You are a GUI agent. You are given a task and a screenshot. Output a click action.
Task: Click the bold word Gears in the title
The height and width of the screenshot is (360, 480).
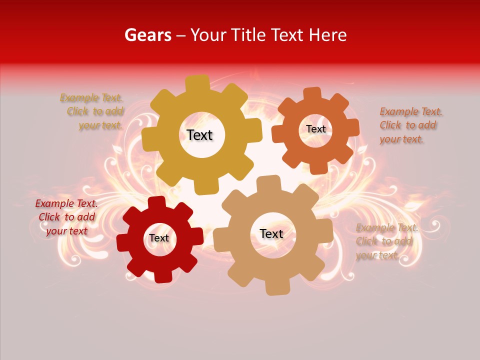pos(147,35)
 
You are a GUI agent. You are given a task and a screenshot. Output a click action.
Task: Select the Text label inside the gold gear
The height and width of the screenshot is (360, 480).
pos(199,135)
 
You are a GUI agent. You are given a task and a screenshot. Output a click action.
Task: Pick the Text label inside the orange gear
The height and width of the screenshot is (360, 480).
pos(315,129)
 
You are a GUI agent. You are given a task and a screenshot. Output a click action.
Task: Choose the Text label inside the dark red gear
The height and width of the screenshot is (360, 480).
pos(159,238)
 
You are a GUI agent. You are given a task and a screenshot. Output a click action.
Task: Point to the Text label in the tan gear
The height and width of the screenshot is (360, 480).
pos(271,233)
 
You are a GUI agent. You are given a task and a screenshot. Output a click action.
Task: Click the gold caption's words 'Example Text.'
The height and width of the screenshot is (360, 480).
pos(91,97)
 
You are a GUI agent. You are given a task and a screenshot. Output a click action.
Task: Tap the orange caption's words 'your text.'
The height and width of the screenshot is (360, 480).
pos(401,139)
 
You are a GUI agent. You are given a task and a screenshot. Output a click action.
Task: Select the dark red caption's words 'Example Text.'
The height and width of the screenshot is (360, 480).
pos(66,203)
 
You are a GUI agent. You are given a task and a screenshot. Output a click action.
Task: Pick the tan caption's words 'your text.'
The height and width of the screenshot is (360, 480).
pos(377,255)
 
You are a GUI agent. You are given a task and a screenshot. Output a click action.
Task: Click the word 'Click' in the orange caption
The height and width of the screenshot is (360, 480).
pos(390,125)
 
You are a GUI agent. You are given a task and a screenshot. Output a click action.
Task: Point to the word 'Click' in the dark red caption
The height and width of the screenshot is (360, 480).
pos(49,217)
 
